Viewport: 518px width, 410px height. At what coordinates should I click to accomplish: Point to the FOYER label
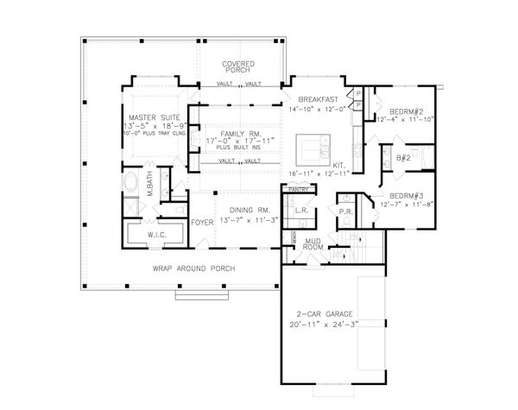(x=202, y=222)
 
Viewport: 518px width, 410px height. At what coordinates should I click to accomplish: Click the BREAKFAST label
(x=317, y=101)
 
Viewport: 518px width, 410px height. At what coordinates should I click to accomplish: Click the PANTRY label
(x=298, y=188)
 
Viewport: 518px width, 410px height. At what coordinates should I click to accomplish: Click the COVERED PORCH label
(x=239, y=67)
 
